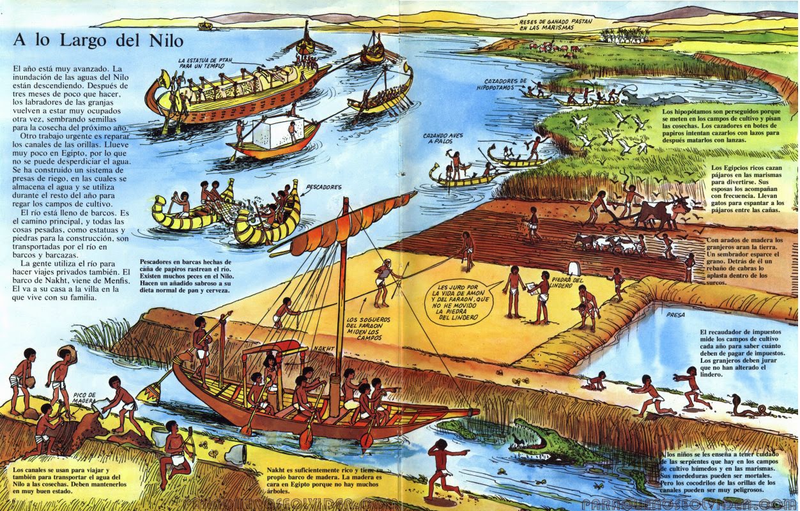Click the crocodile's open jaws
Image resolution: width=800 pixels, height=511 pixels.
pyautogui.click(x=534, y=436)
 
